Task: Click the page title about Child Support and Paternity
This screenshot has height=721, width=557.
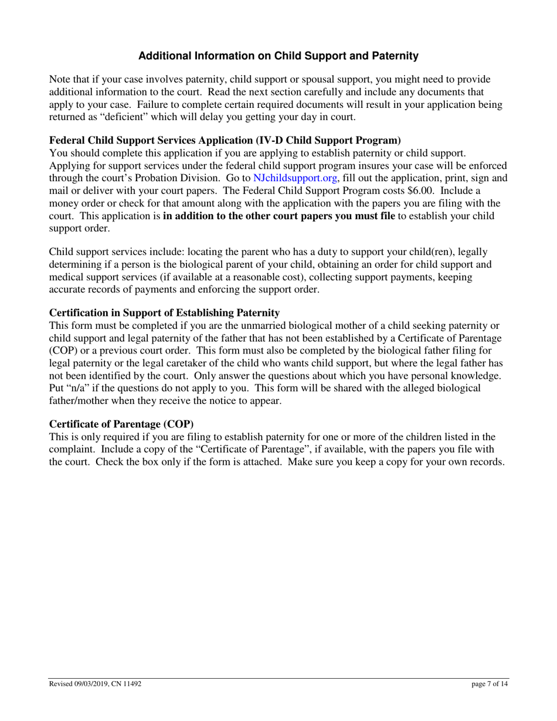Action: [278, 56]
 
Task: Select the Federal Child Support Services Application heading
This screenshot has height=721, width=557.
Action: [225, 141]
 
